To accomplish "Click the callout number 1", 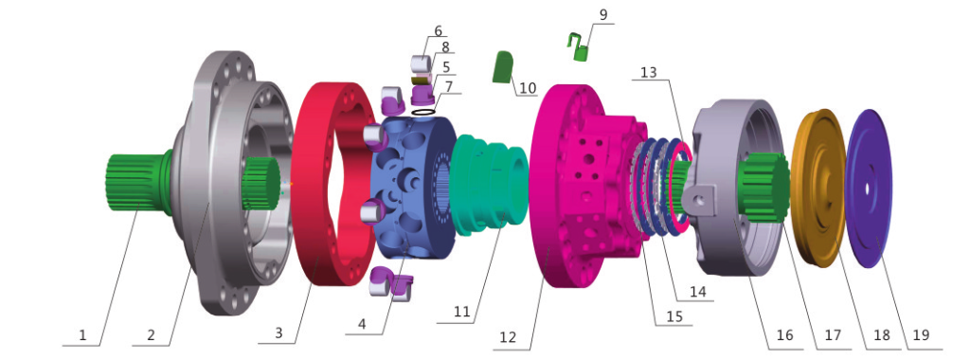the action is tap(83, 335).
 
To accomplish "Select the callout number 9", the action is tap(586, 13).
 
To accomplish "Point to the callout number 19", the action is tap(921, 335).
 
